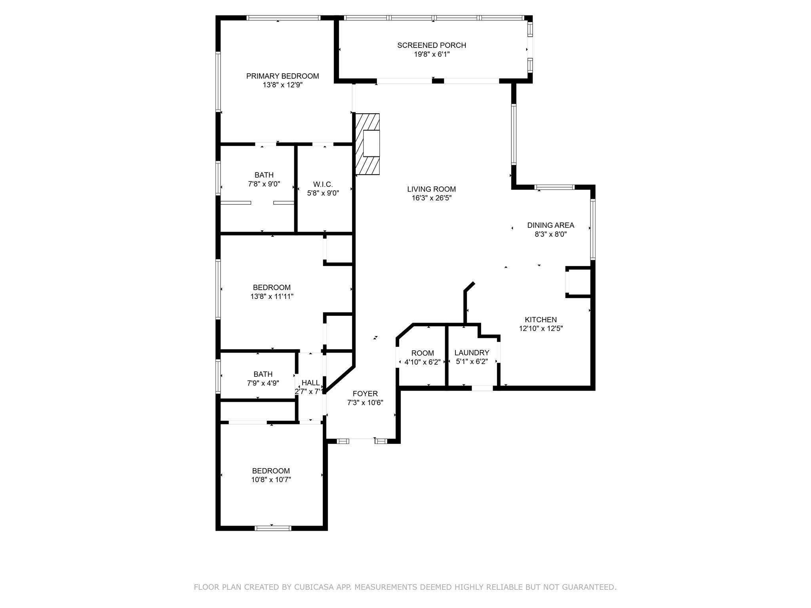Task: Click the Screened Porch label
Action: (x=432, y=45)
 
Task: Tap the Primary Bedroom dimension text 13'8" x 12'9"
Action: (x=283, y=85)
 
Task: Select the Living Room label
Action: (x=432, y=189)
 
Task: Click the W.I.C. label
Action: (x=323, y=184)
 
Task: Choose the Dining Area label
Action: (x=550, y=225)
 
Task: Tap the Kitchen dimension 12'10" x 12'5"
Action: (x=541, y=328)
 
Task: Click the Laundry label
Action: (x=472, y=353)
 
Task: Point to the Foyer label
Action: (x=365, y=393)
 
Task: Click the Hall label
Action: (x=310, y=383)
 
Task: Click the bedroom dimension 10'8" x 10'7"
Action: (x=271, y=479)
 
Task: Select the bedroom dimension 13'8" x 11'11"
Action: (x=272, y=296)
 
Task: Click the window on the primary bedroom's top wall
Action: (x=284, y=18)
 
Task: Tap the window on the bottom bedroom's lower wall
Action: (x=273, y=528)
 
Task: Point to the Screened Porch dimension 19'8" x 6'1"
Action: (x=432, y=54)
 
